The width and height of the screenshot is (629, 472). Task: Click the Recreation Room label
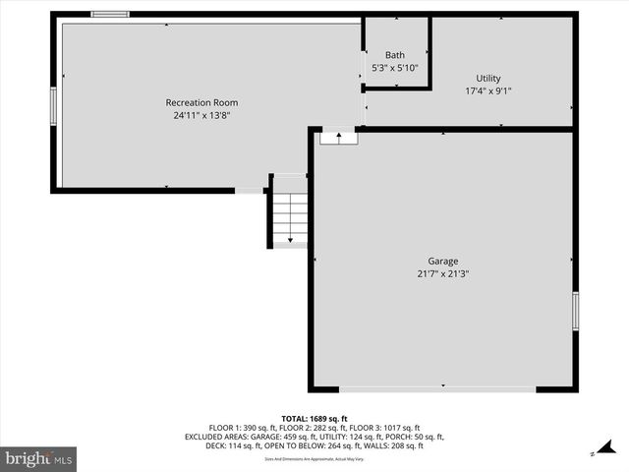(201, 102)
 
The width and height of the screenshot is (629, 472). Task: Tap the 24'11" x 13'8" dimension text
(201, 115)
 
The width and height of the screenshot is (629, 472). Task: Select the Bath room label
(395, 55)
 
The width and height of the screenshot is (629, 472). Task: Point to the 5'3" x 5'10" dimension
(395, 68)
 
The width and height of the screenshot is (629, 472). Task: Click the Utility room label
(488, 79)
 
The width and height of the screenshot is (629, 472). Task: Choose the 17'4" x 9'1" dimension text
(488, 91)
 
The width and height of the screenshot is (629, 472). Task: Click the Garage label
(442, 262)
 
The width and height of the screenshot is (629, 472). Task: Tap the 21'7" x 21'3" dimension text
(442, 274)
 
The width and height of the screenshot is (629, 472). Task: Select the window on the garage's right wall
(576, 311)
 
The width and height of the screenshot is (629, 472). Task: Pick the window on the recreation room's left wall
(54, 103)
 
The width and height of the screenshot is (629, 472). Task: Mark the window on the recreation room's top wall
(110, 14)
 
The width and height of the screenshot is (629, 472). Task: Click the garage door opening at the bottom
(437, 389)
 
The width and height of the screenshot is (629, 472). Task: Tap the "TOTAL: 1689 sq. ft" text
(314, 418)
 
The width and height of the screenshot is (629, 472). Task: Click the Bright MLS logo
(39, 457)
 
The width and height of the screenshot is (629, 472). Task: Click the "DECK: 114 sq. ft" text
(214, 446)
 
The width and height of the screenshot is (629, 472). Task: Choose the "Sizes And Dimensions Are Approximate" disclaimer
(314, 459)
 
